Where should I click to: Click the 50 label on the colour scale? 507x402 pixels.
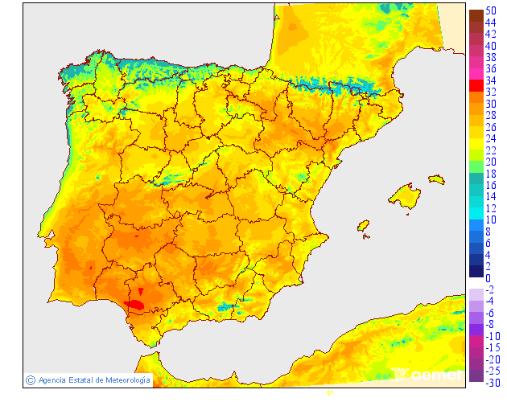490,10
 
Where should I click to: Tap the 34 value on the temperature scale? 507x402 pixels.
490,80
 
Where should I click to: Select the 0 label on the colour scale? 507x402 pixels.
488,277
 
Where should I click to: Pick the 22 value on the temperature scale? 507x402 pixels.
490,150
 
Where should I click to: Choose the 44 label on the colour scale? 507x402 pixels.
490,23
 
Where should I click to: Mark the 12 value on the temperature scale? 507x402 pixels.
490,208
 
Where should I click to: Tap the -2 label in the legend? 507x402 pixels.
490,289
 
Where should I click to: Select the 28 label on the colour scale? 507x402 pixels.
490,115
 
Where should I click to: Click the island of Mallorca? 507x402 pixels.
406,196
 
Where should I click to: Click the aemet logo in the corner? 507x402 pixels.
429,374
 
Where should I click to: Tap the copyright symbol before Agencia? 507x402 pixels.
30,379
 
